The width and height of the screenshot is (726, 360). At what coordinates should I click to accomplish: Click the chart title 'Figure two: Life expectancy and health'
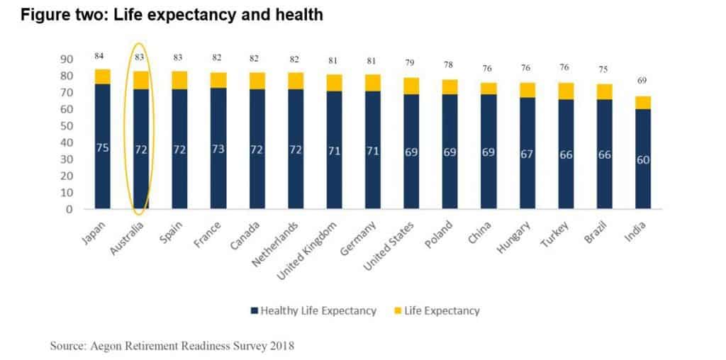click(x=172, y=14)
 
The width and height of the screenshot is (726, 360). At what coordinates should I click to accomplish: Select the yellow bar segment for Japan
click(x=103, y=77)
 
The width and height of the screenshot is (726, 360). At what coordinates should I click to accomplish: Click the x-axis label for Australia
click(x=128, y=232)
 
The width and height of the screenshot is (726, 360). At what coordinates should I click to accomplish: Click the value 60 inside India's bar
click(x=642, y=160)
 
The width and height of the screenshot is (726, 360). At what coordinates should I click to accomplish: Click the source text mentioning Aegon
click(x=172, y=346)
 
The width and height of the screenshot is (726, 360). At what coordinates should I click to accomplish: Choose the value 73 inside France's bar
click(x=218, y=150)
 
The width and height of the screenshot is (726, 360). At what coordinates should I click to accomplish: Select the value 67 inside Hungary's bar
click(x=527, y=154)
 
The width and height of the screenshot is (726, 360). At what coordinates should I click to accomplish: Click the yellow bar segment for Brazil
click(x=604, y=91)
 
